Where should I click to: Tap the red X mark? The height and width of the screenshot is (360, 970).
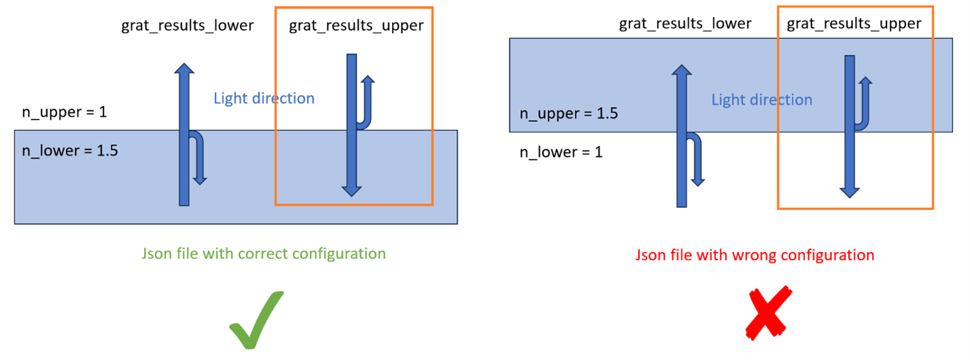coord(768,313)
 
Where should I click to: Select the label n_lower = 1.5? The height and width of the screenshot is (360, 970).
coord(70,150)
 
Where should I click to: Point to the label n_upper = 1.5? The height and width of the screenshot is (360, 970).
coord(569,113)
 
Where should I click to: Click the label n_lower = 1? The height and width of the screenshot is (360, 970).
coord(561,152)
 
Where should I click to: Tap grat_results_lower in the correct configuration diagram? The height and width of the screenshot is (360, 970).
coord(187,26)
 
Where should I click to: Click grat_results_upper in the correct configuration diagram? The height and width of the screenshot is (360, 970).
coord(356,26)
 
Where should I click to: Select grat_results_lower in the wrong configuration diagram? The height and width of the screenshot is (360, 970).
coord(685,24)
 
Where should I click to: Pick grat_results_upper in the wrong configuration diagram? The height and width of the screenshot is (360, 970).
coord(854,24)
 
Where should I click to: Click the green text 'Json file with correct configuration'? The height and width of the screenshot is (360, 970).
coord(264,254)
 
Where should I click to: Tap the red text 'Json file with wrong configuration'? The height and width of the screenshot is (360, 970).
coord(755,255)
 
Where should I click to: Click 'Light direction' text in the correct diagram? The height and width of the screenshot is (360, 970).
coord(264,98)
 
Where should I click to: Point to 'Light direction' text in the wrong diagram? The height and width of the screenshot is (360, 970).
coord(761,100)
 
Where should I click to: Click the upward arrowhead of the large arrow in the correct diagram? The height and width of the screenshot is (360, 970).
coord(183,70)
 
